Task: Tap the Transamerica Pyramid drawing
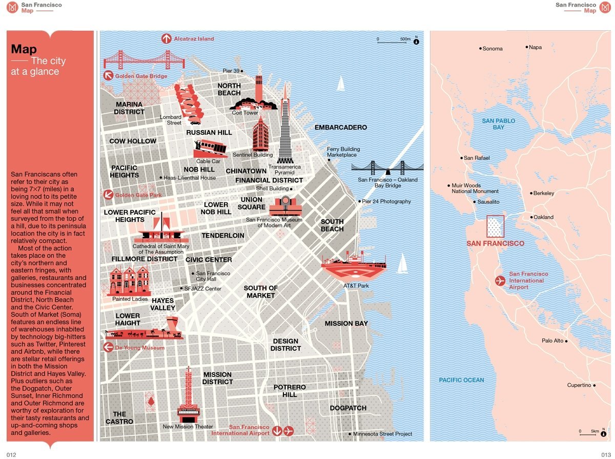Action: point(284,126)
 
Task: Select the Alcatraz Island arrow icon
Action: point(166,38)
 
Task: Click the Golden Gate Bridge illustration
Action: point(136,60)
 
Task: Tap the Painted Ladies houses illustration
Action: point(130,281)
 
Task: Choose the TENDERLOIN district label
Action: point(223,236)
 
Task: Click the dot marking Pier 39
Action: point(242,71)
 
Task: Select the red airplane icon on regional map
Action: point(500,280)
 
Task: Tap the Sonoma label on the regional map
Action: point(493,49)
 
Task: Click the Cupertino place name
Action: point(579,385)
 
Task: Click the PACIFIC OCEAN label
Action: point(461,380)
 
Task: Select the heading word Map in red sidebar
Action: point(24,50)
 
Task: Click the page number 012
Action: point(11,454)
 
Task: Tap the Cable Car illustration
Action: point(211,148)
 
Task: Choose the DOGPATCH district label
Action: point(348,408)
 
